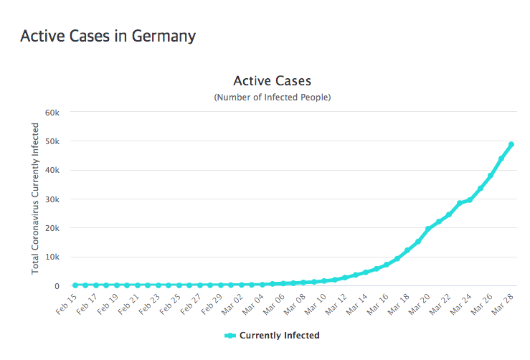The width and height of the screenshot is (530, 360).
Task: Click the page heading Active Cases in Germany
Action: click(108, 36)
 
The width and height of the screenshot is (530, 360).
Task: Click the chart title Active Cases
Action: click(272, 80)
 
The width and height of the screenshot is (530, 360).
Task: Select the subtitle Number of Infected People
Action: click(272, 97)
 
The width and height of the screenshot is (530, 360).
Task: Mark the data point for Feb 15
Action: click(75, 285)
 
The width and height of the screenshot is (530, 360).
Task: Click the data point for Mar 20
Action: click(428, 229)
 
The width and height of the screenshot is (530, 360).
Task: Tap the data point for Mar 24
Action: click(470, 199)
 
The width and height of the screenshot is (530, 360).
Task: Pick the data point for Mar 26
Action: click(491, 176)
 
